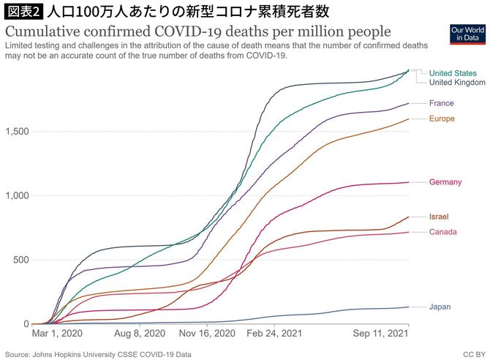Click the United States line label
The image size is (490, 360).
[x=452, y=73]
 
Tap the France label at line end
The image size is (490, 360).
[x=441, y=103]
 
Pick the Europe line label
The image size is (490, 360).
[x=442, y=119]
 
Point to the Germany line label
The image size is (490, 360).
[x=445, y=181]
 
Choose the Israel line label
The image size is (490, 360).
[x=439, y=217]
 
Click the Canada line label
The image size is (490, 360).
[x=442, y=232]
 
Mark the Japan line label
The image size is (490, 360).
[x=440, y=307]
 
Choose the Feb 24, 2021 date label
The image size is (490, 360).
[x=274, y=333]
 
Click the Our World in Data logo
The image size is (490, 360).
[x=466, y=33]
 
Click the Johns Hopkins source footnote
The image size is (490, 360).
[x=99, y=353]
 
